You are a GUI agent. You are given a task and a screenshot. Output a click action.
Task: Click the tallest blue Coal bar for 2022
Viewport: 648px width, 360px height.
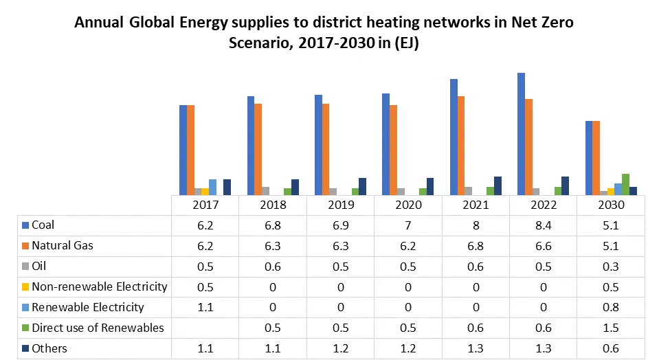point(521,134)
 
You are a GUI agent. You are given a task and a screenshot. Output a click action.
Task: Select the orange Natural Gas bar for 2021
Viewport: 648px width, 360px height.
point(461,146)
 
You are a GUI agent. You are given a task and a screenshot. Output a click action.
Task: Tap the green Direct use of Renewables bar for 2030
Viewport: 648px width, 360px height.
point(625,184)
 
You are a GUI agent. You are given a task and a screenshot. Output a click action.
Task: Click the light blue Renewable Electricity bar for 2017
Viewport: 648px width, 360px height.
point(212,187)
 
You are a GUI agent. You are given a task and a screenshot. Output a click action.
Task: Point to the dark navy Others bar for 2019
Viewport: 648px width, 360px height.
point(362,186)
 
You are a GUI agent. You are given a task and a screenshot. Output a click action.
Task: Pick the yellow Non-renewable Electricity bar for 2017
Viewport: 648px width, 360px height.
point(205,191)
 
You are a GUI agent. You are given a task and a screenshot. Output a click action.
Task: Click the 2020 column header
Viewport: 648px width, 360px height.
point(408,205)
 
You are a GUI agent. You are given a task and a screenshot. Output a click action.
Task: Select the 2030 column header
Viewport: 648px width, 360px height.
point(611,205)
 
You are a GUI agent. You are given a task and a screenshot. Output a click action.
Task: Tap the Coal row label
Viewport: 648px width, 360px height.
point(43,225)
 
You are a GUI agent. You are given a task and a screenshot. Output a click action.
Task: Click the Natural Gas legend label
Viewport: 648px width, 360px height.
point(63,246)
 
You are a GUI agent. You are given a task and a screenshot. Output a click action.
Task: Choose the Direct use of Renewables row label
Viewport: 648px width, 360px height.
point(98,328)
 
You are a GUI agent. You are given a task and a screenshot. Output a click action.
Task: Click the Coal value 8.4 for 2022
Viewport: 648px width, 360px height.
point(544,225)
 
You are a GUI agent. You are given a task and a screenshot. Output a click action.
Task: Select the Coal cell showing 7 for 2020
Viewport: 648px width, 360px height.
point(408,225)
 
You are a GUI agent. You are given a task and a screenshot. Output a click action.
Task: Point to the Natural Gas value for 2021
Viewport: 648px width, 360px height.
point(476,246)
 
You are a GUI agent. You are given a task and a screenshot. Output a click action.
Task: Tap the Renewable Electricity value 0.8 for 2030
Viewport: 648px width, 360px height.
point(611,307)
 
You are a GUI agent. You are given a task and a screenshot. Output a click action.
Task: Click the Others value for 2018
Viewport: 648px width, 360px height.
point(273,348)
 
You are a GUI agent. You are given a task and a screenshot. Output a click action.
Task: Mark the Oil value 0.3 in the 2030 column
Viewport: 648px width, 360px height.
point(611,266)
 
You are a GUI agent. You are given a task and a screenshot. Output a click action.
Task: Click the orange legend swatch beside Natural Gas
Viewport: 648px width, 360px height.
point(25,246)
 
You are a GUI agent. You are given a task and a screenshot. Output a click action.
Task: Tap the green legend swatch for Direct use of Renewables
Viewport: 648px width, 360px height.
point(25,328)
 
